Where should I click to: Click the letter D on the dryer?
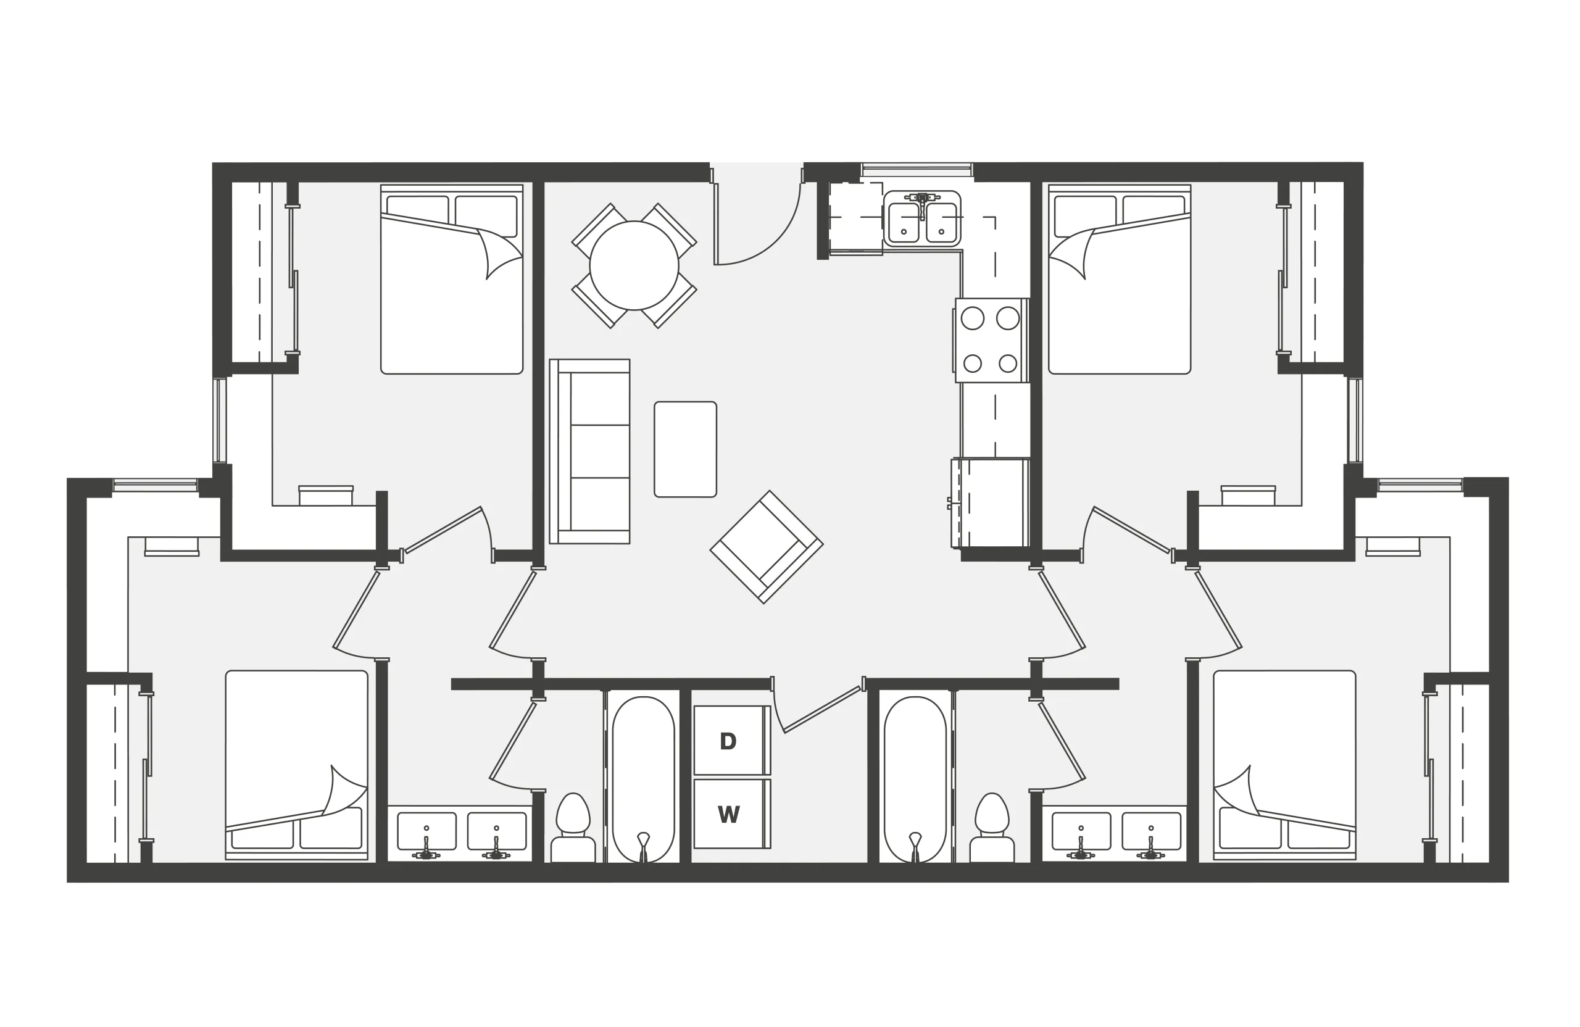click(x=728, y=741)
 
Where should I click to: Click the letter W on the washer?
click(x=728, y=815)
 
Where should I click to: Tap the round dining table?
click(x=634, y=265)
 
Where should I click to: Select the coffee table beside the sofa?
click(x=685, y=449)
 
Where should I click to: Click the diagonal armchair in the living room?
click(x=767, y=547)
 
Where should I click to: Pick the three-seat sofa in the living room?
click(x=589, y=451)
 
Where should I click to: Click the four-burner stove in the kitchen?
click(x=992, y=341)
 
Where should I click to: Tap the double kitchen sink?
click(x=922, y=219)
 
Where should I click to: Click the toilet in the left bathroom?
click(x=573, y=828)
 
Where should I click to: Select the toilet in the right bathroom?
click(x=992, y=828)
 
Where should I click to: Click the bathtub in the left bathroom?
click(x=643, y=780)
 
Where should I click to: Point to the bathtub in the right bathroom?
click(x=915, y=780)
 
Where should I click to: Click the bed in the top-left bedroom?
click(x=451, y=280)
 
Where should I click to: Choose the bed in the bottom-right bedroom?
click(x=1284, y=765)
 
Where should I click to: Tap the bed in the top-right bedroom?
click(x=1120, y=280)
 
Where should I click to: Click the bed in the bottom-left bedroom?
click(x=297, y=765)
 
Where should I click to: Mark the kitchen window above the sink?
click(x=917, y=169)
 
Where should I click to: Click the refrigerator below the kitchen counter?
click(x=990, y=502)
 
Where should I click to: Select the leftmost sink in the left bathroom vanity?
click(x=427, y=831)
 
